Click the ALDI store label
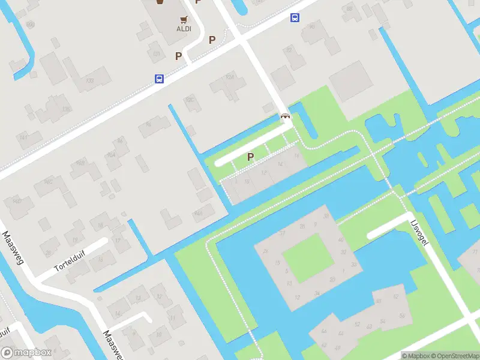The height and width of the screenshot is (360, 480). (x=184, y=28)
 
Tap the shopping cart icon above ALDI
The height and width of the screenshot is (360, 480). (x=184, y=19)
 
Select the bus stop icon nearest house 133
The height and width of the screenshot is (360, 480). (x=159, y=79)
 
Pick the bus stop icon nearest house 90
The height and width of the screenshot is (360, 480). (x=295, y=18)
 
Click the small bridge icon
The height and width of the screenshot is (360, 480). (x=286, y=116)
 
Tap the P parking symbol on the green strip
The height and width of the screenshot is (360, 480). (x=251, y=157)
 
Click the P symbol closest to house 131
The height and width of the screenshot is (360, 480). (x=178, y=56)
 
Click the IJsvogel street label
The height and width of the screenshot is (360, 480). (x=418, y=233)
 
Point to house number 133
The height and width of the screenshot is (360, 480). (x=90, y=80)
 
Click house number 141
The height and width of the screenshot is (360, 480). (x=24, y=138)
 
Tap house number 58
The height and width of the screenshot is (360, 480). (x=401, y=316)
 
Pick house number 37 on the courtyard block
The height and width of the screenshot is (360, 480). (x=282, y=233)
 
